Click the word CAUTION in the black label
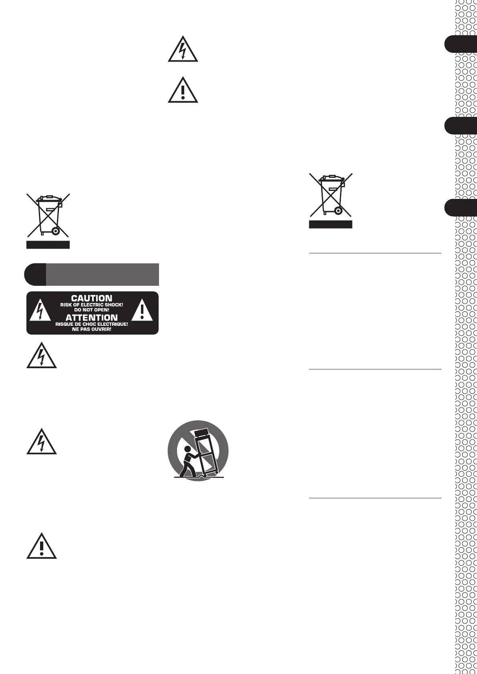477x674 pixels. coord(92,298)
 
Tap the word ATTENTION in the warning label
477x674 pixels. coord(92,318)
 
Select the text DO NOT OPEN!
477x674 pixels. coord(92,310)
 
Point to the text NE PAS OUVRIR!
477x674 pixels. coord(92,329)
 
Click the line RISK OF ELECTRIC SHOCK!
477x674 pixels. coord(92,305)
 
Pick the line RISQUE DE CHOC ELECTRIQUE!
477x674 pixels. coord(92,324)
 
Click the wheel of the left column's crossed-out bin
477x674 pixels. coord(55,231)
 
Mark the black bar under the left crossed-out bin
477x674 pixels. coord(48,245)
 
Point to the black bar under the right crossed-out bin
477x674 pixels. coord(330,225)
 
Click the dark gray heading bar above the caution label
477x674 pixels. coord(102,274)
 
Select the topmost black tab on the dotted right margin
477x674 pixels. coord(461,44)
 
